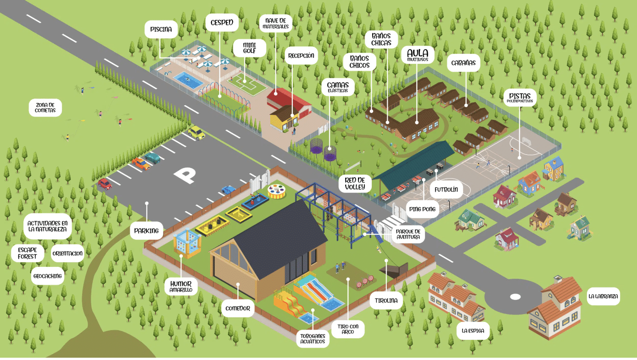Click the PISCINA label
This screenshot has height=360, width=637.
coord(161,30)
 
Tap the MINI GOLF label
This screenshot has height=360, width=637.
coord(249,47)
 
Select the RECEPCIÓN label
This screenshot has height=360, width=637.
coord(301,56)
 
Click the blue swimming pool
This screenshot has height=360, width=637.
coord(188,79)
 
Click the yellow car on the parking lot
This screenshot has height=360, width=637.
coord(196,133)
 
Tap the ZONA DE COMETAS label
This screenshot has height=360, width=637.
coord(45,107)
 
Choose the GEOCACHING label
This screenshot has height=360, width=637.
coord(47,276)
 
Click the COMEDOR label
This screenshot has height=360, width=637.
coord(238,308)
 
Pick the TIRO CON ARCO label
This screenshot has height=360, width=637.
coord(348,329)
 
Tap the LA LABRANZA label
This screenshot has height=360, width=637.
coord(603,296)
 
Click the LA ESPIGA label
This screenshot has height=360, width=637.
coord(473,331)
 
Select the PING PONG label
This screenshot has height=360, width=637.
coord(422,209)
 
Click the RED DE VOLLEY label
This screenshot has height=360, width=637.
coord(355,183)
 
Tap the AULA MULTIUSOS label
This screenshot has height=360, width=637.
coord(417,55)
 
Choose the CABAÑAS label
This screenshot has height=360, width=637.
coord(463,62)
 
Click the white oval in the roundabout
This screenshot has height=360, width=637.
coord(515,297)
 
